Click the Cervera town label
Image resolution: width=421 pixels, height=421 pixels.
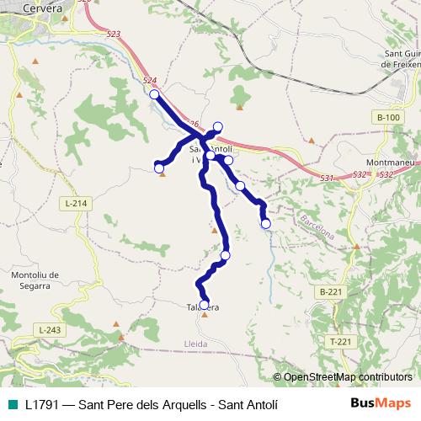pos(43,8)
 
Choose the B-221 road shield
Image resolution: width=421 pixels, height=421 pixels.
pos(331,291)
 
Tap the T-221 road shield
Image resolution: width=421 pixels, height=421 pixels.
pos(340,341)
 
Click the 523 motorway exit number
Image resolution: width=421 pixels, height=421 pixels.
pos(115,34)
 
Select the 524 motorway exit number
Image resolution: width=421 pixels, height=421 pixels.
pos(150,81)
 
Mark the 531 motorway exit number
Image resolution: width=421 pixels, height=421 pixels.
pos(328,178)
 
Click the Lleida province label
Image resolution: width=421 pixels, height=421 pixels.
pos(195,344)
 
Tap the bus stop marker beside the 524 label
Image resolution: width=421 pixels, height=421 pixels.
pos(154,95)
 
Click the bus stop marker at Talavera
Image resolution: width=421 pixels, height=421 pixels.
pos(205,305)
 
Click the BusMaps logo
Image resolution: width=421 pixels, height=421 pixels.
pos(381,403)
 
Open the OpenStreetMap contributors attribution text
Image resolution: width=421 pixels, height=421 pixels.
pos(347,377)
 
